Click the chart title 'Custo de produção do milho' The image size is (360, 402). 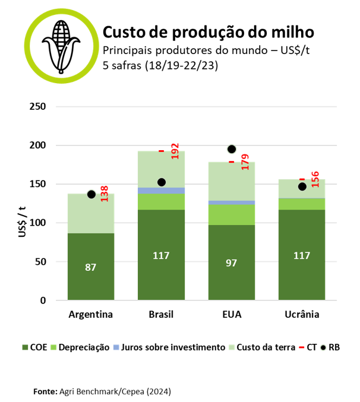[x=208, y=31]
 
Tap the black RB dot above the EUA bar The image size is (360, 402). [x=232, y=149]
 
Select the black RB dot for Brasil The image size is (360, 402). [x=161, y=182]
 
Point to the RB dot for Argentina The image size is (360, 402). [x=91, y=194]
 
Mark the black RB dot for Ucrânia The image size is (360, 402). [x=302, y=186]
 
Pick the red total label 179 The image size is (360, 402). [x=245, y=162]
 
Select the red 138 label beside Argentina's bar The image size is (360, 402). [x=104, y=193]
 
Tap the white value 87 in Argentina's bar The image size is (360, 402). [x=90, y=267]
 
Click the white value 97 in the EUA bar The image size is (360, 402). [x=231, y=262]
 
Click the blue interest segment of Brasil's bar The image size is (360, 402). [x=161, y=190]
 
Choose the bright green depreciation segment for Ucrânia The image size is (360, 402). [x=302, y=204]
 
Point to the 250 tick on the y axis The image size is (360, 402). [x=39, y=107]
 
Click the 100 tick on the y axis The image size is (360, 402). [x=39, y=223]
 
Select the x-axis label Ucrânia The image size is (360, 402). [x=302, y=314]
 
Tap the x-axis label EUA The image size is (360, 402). [x=231, y=314]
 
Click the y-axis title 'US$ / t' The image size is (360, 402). [x=22, y=222]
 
